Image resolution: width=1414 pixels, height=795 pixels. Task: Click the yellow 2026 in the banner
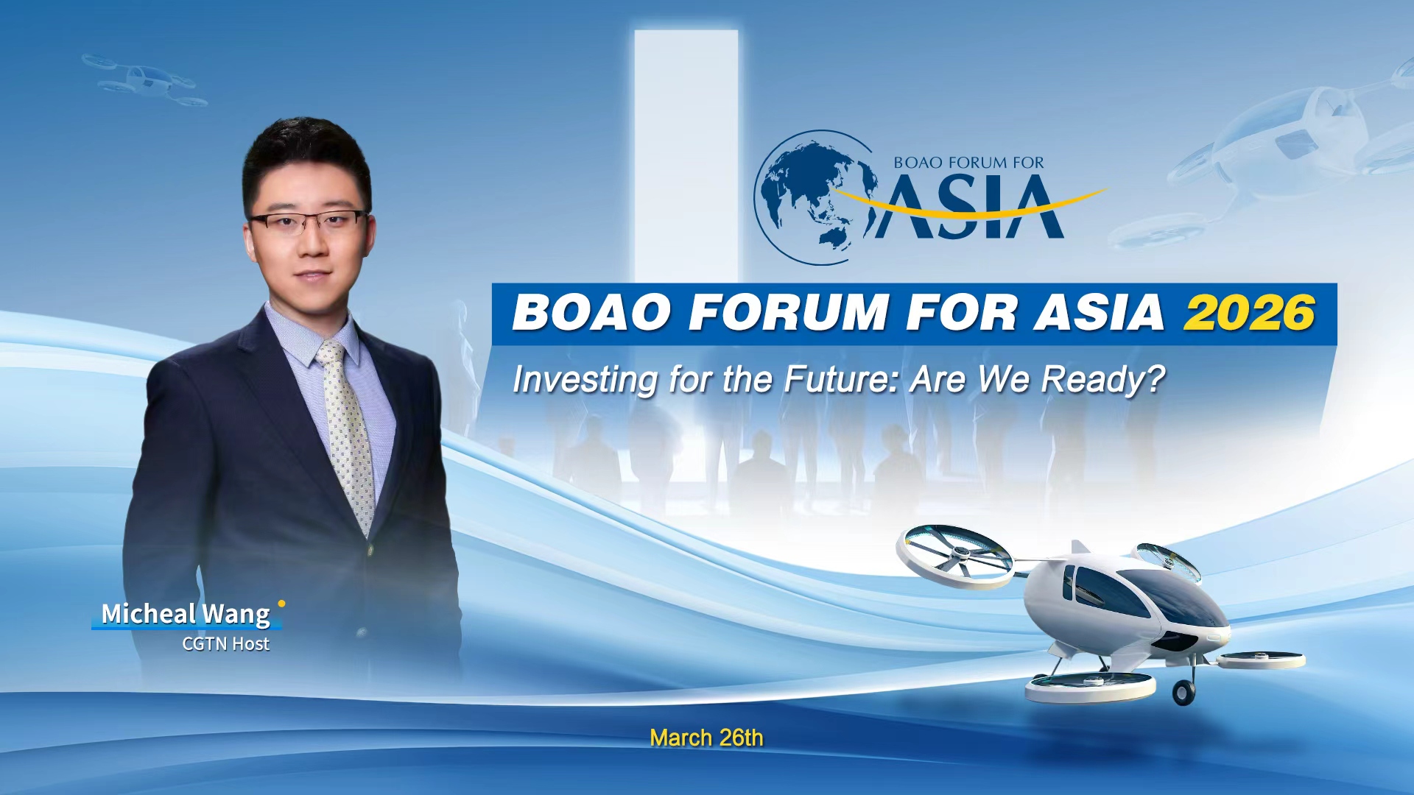1249,313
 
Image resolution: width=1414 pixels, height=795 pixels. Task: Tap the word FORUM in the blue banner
789,313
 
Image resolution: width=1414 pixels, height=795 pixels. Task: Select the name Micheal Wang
186,613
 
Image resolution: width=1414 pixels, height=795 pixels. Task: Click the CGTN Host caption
225,644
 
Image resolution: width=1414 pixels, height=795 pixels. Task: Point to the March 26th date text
706,738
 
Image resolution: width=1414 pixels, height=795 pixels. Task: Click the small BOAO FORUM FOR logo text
968,163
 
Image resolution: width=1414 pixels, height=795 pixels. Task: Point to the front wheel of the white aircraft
1183,692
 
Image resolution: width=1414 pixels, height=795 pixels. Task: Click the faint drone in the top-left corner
144,79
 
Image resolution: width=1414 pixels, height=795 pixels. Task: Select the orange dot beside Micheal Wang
281,604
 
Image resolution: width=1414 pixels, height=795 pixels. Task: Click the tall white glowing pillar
686,147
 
